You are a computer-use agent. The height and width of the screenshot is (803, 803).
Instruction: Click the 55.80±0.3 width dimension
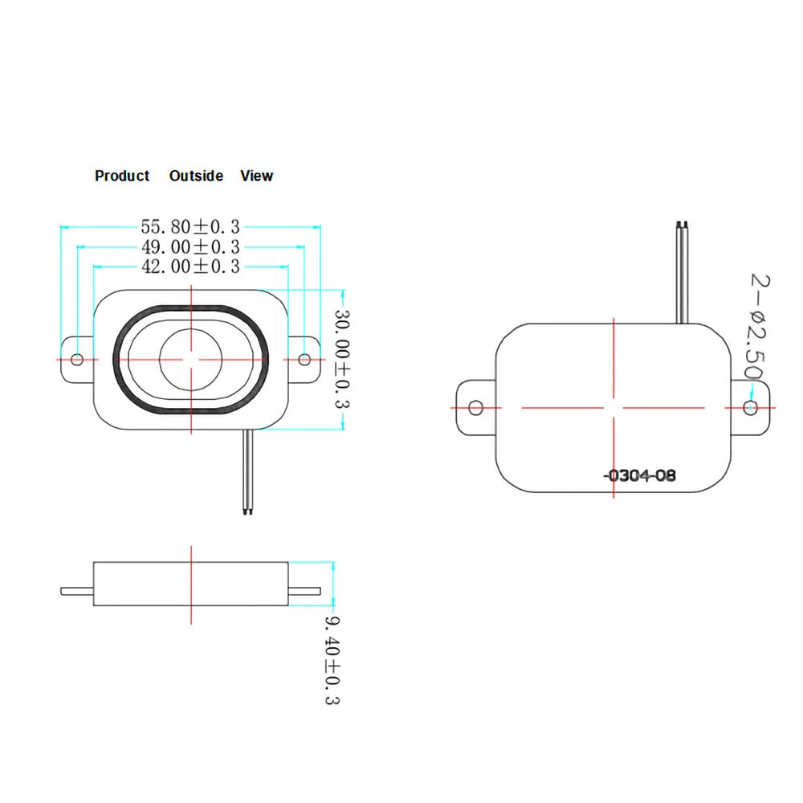190,227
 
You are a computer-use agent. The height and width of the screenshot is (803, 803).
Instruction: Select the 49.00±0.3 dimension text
190,247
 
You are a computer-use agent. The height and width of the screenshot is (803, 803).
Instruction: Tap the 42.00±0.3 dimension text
190,267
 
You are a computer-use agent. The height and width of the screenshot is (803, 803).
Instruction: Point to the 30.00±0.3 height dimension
343,358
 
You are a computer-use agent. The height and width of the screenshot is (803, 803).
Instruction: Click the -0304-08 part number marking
640,475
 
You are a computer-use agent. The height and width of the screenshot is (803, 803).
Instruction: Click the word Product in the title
122,176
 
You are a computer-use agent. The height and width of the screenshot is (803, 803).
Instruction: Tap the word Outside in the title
196,176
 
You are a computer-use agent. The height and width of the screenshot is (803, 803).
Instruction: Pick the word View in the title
256,176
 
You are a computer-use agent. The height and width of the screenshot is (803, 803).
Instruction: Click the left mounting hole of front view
78,359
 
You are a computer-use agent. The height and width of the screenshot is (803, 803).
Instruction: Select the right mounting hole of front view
305,359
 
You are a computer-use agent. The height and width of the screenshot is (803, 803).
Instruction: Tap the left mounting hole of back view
475,408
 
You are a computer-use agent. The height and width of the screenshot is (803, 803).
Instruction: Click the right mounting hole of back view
750,408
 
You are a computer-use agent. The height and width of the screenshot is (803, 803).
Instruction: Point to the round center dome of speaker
191,359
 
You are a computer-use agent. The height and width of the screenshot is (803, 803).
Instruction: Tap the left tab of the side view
77,592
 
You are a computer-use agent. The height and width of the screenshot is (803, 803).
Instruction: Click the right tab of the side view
305,592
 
